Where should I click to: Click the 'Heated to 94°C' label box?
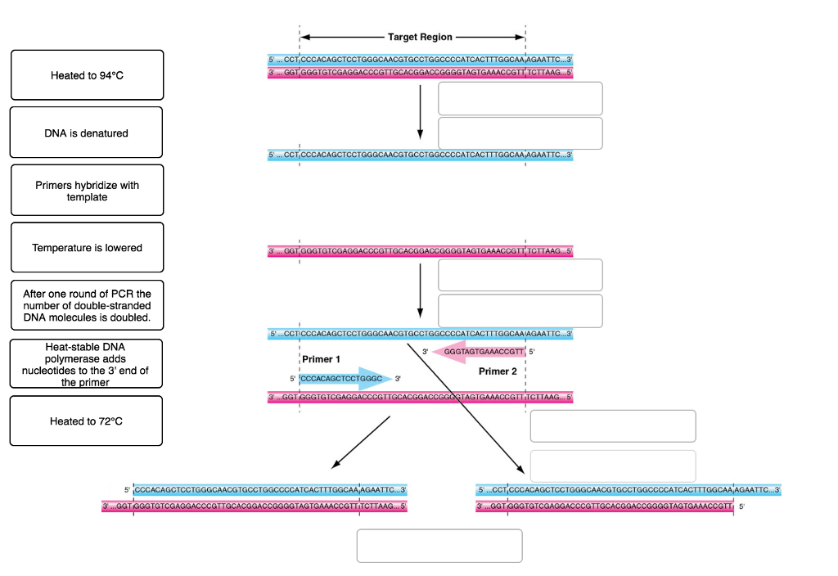tap(87, 75)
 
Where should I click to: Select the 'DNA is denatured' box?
tap(87, 133)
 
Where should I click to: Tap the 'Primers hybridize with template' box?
tap(87, 191)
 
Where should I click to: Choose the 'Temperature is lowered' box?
tap(87, 247)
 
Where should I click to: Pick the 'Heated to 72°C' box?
tap(87, 421)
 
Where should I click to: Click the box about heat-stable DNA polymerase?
tap(87, 364)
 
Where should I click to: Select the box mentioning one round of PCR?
tap(87, 305)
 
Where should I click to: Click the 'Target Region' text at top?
tap(420, 38)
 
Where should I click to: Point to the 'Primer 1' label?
tap(322, 359)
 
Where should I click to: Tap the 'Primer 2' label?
tap(499, 371)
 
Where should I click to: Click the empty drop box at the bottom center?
tap(439, 546)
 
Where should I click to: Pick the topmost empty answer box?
tap(520, 98)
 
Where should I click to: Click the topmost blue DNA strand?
tap(420, 60)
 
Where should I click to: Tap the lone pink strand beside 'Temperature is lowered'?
tap(420, 251)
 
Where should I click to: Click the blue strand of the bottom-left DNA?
tap(270, 490)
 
